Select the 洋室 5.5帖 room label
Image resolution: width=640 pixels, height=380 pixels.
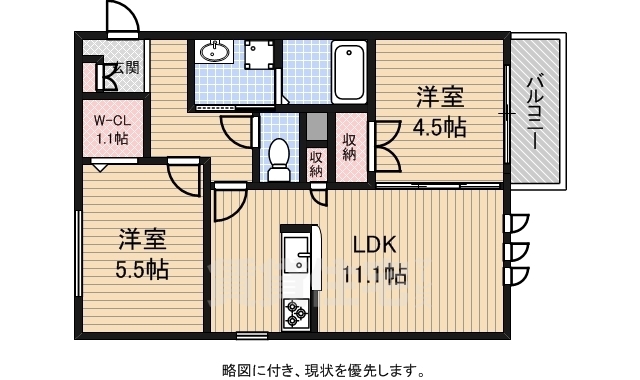(x=141, y=254)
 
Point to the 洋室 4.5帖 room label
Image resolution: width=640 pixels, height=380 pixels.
(x=439, y=112)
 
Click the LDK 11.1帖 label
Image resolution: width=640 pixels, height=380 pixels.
(x=375, y=259)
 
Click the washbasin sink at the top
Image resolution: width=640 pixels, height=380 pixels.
(x=212, y=51)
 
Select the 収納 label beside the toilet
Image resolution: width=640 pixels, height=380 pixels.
(x=316, y=162)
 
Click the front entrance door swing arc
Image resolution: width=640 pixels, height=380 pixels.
(x=119, y=17)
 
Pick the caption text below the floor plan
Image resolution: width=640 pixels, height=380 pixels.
(x=320, y=369)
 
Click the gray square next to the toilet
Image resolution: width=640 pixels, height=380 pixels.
(x=316, y=127)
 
